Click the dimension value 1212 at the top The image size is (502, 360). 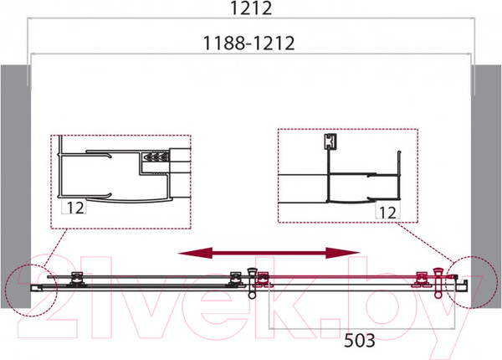251,8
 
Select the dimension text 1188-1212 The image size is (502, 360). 248,44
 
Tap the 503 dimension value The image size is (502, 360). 359,341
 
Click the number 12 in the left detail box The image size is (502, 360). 75,208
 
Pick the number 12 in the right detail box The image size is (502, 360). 387,213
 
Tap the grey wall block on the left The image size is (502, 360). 15,187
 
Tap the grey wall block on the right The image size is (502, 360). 486,187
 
